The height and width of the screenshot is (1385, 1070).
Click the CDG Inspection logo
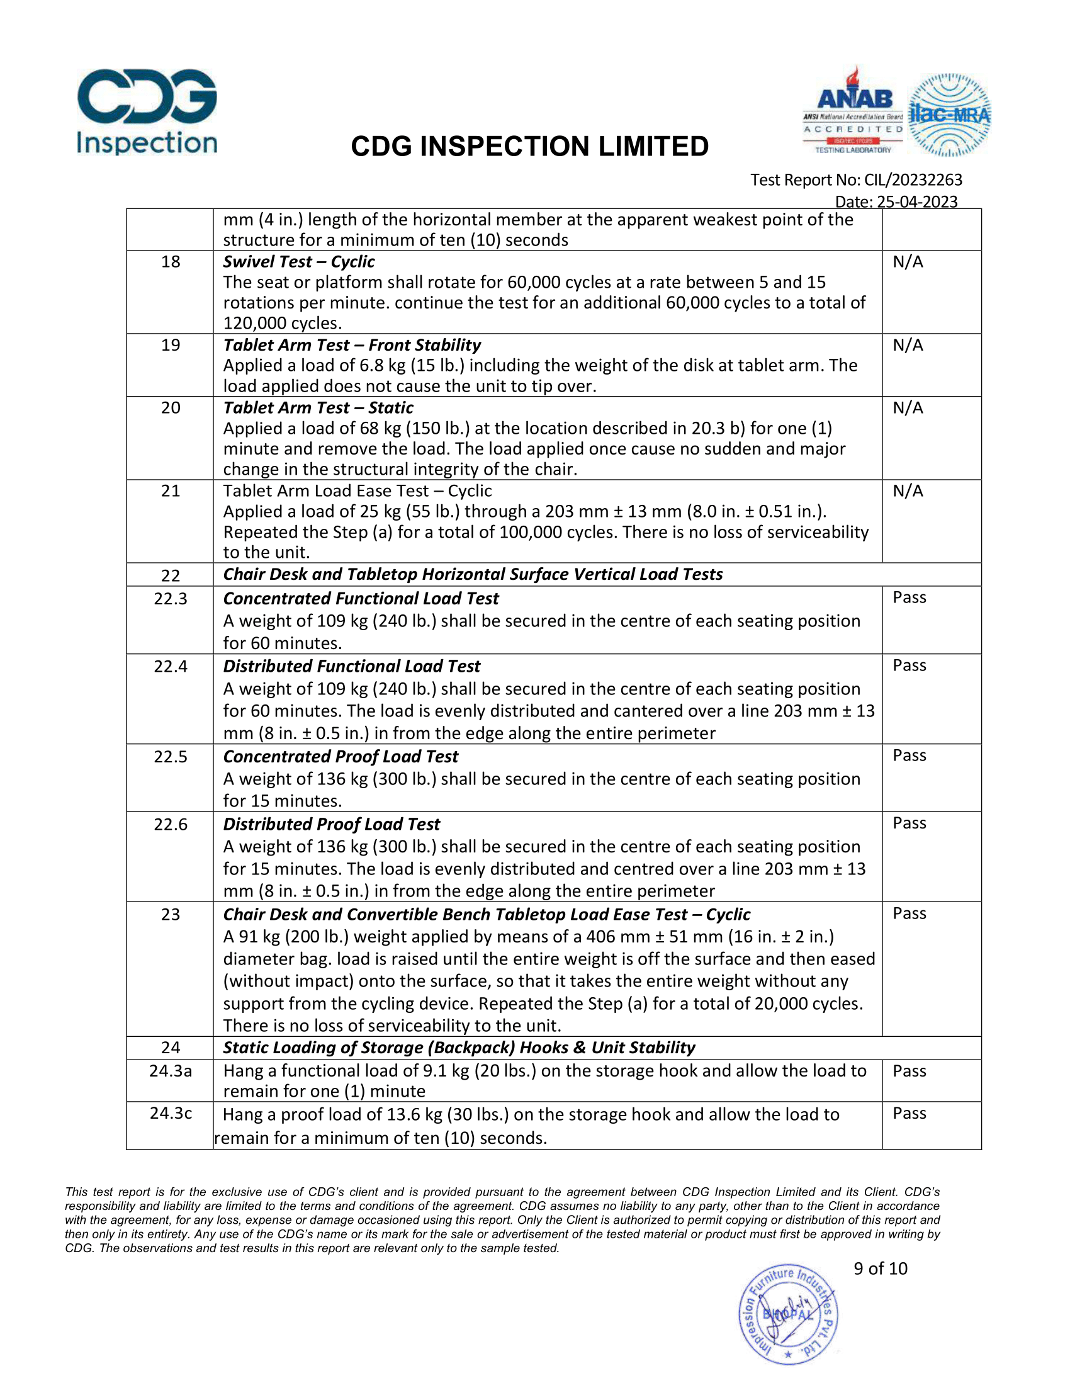(x=147, y=111)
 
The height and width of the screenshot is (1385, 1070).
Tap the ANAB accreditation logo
(x=853, y=111)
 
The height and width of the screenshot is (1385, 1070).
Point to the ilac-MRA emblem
(x=949, y=115)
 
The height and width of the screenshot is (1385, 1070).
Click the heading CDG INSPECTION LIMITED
(x=529, y=147)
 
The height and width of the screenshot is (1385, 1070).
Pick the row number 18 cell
(x=171, y=262)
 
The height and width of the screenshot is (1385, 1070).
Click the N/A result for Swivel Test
(x=908, y=262)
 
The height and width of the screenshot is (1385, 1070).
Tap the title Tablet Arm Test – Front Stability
(x=352, y=345)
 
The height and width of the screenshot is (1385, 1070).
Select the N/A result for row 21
(x=908, y=491)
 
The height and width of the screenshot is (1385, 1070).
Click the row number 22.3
(x=171, y=599)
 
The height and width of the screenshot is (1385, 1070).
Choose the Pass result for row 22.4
(x=909, y=665)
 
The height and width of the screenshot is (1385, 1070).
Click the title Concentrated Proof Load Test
(x=341, y=757)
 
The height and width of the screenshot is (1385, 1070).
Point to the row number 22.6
(x=171, y=825)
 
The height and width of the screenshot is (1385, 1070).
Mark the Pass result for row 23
(x=909, y=913)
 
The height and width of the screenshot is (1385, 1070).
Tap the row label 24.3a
(x=171, y=1071)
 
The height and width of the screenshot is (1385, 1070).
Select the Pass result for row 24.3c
(x=909, y=1114)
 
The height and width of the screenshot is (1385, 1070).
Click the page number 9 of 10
(x=880, y=1269)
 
